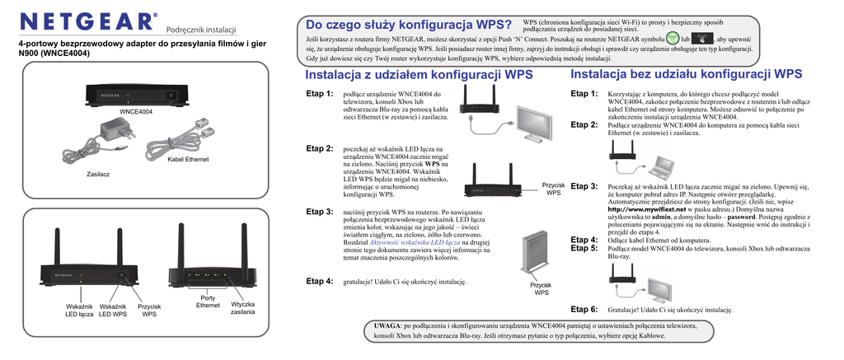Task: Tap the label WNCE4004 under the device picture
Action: [136, 111]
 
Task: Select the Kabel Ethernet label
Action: [188, 158]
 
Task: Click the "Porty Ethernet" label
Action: [208, 302]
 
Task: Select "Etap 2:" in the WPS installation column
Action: [320, 148]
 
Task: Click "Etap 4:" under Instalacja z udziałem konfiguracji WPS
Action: [320, 281]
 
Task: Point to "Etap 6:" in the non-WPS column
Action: [584, 309]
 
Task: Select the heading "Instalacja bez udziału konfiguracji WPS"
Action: [686, 74]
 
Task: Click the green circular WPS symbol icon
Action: [673, 39]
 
